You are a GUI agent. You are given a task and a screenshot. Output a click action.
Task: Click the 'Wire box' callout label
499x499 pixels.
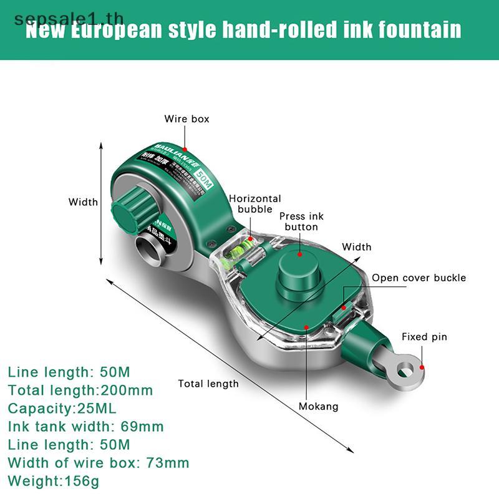tap(187, 119)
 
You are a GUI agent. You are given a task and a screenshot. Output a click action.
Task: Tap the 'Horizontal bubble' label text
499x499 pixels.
tap(254, 204)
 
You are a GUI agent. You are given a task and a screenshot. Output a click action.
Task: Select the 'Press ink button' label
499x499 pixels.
tap(301, 221)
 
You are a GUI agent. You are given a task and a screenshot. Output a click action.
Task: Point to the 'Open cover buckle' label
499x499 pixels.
tap(419, 278)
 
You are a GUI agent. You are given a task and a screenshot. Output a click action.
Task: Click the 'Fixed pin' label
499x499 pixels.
tap(424, 337)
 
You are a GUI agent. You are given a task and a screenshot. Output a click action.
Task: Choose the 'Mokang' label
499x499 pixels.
tap(318, 406)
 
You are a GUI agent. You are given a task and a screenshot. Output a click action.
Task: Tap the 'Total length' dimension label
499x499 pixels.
tap(208, 384)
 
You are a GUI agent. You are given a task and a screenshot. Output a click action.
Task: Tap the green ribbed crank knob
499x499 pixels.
tap(132, 212)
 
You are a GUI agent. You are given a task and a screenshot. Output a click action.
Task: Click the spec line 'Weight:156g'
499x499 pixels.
tap(54, 481)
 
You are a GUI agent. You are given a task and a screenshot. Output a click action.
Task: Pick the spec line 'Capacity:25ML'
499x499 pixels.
tap(62, 409)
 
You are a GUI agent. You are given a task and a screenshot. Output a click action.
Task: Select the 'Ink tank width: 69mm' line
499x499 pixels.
tap(85, 427)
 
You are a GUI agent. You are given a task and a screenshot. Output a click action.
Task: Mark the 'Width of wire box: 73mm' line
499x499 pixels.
tap(99, 463)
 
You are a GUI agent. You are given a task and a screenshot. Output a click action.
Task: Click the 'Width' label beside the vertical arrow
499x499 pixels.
tap(83, 201)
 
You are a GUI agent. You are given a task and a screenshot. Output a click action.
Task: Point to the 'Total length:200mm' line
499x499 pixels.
tap(80, 390)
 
